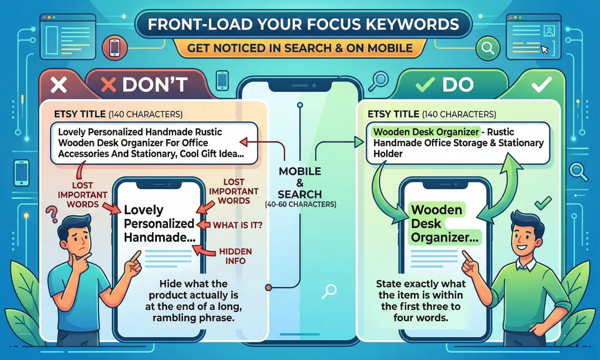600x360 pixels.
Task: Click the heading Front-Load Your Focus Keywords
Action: coord(303,25)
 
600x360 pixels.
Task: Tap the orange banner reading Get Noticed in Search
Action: coord(300,48)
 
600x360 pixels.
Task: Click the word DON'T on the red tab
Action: coord(155,85)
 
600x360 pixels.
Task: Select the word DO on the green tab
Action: coord(458,85)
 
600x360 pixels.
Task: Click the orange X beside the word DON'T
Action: coord(108,85)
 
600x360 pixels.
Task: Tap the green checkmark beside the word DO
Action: coord(425,84)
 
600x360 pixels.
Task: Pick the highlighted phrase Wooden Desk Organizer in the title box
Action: coord(426,132)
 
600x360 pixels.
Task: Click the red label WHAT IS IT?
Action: coord(238,225)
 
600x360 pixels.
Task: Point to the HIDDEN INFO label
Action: coord(235,256)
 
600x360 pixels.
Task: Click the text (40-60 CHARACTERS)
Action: coord(300,204)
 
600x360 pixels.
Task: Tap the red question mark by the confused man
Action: coord(52,214)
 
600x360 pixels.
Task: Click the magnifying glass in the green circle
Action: coord(488,48)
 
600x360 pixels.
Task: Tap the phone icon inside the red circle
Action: coord(115,48)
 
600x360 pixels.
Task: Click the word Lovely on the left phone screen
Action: coord(144,210)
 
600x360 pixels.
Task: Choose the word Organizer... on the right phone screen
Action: coord(444,238)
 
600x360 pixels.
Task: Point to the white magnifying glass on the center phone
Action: coord(330,291)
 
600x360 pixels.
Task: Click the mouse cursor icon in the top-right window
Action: coord(544,50)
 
